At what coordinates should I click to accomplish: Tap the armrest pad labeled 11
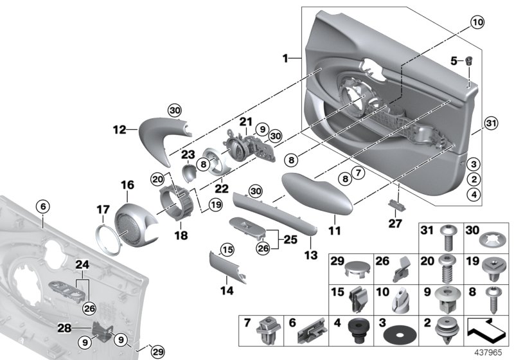coord(317,195)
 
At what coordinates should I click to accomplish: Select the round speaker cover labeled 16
coord(134,217)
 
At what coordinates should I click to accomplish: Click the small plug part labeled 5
coord(469,62)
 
